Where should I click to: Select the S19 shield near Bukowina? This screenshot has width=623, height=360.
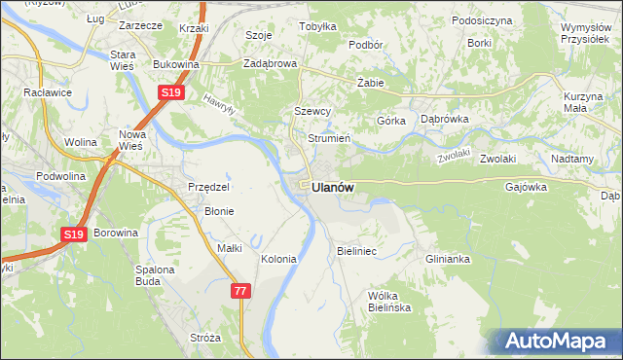[170, 92]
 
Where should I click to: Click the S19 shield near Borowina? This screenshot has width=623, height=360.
[73, 234]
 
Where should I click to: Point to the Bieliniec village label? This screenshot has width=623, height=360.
[356, 251]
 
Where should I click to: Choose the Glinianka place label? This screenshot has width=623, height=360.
[448, 259]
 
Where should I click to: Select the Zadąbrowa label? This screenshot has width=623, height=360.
[270, 63]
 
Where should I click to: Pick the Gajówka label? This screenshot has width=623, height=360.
[527, 186]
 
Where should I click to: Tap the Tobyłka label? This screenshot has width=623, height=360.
[317, 27]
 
